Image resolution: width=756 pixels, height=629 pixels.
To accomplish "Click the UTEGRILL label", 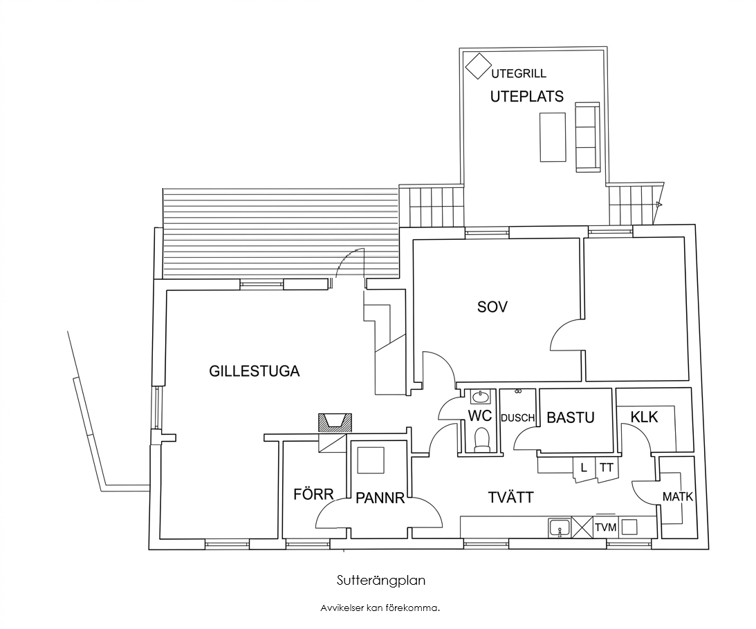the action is tap(519, 74).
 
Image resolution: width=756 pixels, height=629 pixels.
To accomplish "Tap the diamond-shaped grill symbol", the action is tap(478, 66).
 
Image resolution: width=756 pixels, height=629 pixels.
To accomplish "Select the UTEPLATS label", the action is tap(527, 97).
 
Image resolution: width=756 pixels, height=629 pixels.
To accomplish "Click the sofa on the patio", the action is tap(588, 136).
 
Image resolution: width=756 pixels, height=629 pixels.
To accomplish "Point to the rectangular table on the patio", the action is tap(553, 137).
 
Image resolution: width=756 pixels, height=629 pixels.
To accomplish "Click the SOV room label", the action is tap(492, 306).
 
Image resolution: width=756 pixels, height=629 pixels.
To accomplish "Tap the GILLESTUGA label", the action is tap(254, 371).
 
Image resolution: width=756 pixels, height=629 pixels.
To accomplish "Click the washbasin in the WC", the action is tap(480, 397).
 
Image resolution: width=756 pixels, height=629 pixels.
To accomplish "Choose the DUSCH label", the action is tap(518, 418).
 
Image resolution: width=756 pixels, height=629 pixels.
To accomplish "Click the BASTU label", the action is tap(571, 417).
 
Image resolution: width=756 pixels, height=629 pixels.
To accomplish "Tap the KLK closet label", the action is tap(644, 416).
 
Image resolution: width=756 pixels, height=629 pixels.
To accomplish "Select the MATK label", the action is tap(677, 496).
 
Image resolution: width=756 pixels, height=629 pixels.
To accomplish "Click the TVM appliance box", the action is tap(606, 527).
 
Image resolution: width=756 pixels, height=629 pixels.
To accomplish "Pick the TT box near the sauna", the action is tap(607, 468).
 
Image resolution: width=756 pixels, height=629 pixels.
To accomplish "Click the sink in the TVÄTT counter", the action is tap(560, 527).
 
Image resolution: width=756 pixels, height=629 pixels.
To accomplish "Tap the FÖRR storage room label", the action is tap(313, 494).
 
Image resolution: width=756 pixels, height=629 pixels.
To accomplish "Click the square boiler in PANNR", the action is tap(371, 460).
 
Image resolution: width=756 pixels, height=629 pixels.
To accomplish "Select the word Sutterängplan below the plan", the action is tap(381, 581).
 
